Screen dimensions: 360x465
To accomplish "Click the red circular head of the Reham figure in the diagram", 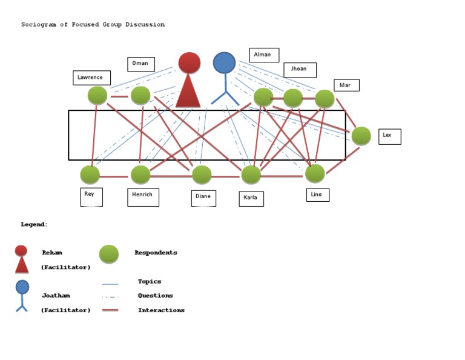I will click(x=190, y=62).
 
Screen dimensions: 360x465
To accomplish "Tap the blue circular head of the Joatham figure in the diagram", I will click(x=224, y=63).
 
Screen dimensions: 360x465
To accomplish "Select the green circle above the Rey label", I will click(x=90, y=175).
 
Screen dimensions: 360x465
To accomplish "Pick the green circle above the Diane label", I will click(x=202, y=175).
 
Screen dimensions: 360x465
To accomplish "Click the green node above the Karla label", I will click(x=251, y=175).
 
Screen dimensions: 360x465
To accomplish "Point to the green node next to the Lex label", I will click(x=361, y=136).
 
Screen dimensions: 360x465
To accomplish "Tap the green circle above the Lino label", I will click(x=315, y=173).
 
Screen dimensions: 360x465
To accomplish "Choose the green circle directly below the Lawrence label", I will click(x=97, y=96).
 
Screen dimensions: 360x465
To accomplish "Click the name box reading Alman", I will click(x=263, y=55).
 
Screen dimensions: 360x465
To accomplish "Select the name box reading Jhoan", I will click(x=300, y=70).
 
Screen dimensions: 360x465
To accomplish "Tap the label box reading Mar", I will click(x=346, y=85).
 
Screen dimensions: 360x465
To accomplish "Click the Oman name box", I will click(x=141, y=64).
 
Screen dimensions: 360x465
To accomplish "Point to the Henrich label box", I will click(x=143, y=197).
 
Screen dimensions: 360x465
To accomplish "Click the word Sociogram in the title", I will click(x=39, y=25).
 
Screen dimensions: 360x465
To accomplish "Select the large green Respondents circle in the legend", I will click(x=109, y=254).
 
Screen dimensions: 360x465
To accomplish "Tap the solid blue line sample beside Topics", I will click(x=110, y=283).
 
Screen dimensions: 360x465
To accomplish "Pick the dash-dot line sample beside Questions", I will click(x=110, y=296).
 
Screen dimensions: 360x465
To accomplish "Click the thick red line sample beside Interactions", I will click(x=110, y=310).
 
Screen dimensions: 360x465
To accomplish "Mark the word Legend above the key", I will click(x=33, y=224).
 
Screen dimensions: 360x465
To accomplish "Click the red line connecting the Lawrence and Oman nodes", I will click(x=119, y=96).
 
